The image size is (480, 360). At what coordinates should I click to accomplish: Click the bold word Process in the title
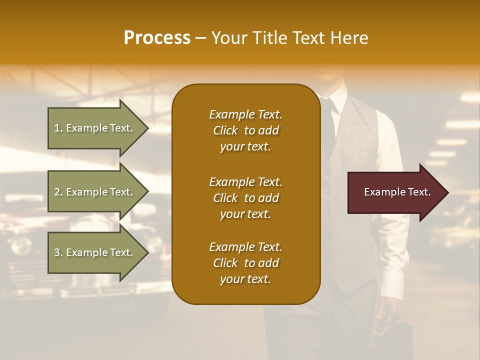point(157,38)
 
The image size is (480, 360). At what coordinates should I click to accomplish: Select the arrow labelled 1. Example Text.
point(95,128)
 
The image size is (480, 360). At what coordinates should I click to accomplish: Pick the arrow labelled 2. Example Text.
point(95,192)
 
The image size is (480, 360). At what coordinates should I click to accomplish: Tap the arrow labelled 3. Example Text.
point(95,252)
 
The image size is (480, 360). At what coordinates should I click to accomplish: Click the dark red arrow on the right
point(395,192)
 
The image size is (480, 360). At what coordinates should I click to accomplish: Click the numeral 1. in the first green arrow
point(58,128)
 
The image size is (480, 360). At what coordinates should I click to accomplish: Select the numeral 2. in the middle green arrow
point(58,192)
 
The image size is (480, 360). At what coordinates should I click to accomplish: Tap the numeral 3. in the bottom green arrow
point(58,252)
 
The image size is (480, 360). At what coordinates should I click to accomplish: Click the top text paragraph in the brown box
point(245,130)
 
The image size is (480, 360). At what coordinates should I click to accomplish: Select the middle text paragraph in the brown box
point(245,198)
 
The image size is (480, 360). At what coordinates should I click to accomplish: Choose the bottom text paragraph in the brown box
point(245,263)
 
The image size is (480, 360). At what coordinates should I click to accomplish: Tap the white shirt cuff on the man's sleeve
point(392,285)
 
